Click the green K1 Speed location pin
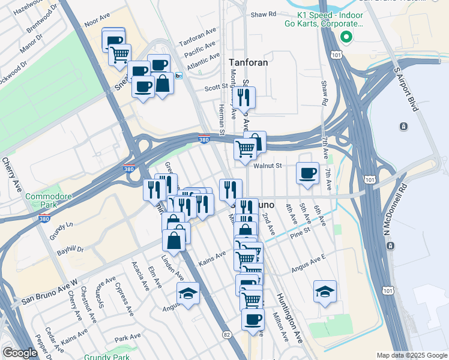pos(346,37)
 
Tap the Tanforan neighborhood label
pos(249,62)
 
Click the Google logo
pos(20,353)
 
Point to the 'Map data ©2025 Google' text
pos(412,355)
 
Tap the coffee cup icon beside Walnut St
pos(308,173)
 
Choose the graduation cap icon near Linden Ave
pos(188,293)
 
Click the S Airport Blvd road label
pos(406,90)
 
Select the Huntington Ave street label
pos(289,317)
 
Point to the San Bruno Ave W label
pos(50,292)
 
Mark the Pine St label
pos(302,229)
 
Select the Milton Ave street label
pos(280,327)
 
